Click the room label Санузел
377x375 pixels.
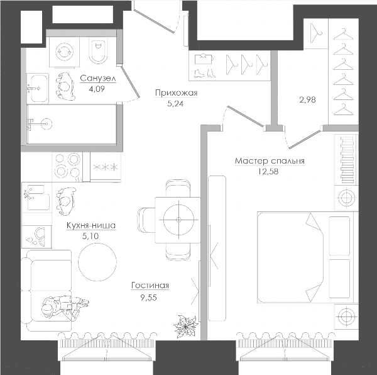click(98, 79)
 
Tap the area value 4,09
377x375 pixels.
click(97, 89)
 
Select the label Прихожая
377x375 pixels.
click(176, 93)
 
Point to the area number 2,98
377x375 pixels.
click(307, 99)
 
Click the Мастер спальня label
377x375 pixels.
click(270, 161)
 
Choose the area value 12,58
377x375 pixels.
click(268, 171)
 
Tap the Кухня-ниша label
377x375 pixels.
click(91, 225)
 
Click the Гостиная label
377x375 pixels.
click(150, 286)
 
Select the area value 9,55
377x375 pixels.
click(148, 298)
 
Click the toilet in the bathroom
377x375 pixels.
click(98, 51)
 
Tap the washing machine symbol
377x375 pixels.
click(64, 52)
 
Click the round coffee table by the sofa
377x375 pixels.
click(97, 262)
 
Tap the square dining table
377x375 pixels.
click(178, 220)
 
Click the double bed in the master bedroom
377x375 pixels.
click(305, 257)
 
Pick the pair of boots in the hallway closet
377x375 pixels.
click(204, 73)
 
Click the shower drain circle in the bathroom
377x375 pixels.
click(46, 124)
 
